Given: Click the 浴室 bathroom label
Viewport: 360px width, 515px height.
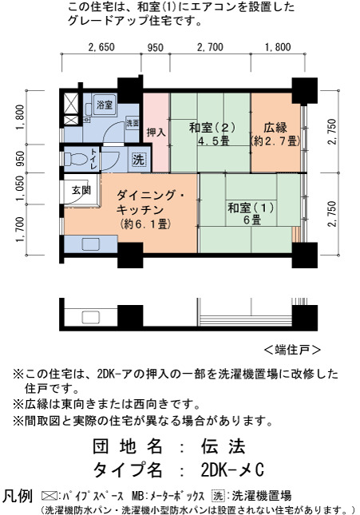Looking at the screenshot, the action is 104,105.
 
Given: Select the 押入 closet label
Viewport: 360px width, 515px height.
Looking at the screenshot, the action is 156,133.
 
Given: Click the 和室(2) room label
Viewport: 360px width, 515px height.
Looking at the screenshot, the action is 212,128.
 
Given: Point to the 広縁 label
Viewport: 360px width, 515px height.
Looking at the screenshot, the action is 275,127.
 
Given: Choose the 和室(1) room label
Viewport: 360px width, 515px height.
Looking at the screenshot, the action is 251,208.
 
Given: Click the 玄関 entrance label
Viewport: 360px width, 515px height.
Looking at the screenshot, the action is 81,190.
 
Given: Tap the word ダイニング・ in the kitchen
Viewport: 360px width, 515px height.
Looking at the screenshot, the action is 150,196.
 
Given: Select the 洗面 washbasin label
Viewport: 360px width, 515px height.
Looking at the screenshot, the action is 133,123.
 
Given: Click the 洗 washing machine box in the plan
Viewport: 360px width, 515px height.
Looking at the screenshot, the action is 139,160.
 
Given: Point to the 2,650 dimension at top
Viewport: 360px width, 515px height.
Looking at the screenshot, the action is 101,47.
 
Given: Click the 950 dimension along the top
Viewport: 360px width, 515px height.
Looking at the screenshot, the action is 156,48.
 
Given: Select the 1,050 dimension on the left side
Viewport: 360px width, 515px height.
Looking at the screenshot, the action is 20,188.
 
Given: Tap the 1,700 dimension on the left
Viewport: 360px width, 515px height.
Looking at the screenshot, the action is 20,230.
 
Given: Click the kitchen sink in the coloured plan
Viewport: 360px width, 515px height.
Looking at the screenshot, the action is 90,244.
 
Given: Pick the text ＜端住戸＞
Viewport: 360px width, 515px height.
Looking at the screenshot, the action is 292,350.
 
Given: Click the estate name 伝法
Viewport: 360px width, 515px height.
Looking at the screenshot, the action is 224,446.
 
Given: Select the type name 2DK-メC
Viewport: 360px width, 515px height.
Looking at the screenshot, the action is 232,470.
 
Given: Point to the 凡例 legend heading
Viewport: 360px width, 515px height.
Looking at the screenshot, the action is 18,496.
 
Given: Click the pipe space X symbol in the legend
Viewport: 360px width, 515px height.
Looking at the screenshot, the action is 49,496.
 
